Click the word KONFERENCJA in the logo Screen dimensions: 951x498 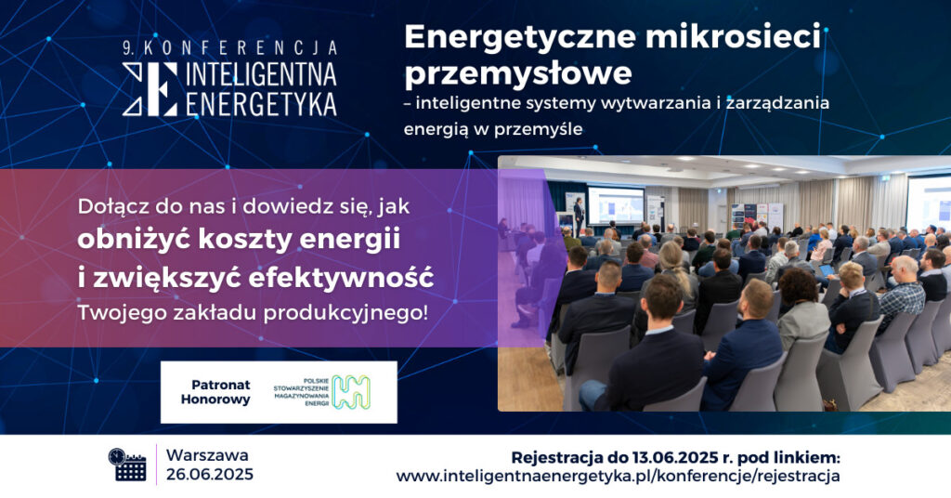pyautogui.click(x=241, y=48)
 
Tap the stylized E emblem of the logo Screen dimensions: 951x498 pyautogui.click(x=150, y=89)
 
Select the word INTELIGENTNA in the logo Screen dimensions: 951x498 pyautogui.click(x=261, y=74)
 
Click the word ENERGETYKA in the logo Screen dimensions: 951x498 pyautogui.click(x=261, y=103)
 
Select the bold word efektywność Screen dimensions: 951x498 pyautogui.click(x=341, y=278)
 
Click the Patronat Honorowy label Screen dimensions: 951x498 pyautogui.click(x=216, y=392)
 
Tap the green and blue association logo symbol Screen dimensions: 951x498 pyautogui.click(x=351, y=392)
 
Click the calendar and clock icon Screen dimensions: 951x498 pyautogui.click(x=127, y=465)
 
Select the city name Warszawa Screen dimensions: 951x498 pyautogui.click(x=207, y=455)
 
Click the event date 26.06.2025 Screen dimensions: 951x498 pyautogui.click(x=210, y=475)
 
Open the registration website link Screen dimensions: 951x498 pyautogui.click(x=618, y=476)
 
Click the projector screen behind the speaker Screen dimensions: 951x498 pyautogui.click(x=616, y=205)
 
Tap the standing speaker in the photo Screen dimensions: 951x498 pyautogui.click(x=579, y=216)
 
